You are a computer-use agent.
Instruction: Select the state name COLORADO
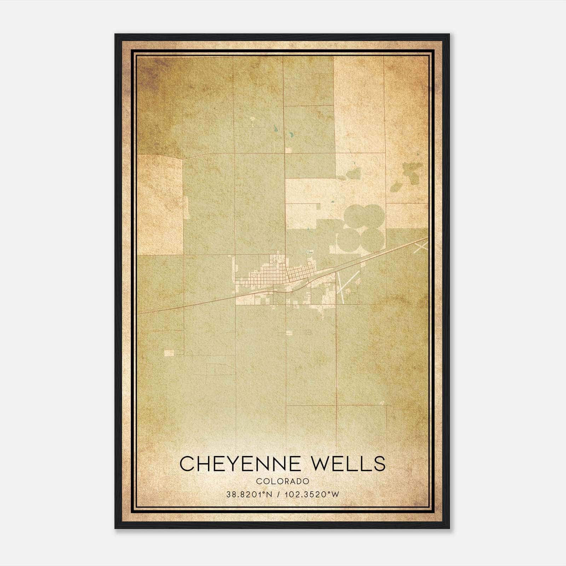(x=283, y=481)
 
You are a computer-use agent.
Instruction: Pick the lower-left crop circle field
(x=348, y=239)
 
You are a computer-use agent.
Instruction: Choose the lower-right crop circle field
(x=372, y=239)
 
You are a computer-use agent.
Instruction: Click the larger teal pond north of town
(x=291, y=135)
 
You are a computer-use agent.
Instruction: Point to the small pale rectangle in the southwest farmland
(x=169, y=353)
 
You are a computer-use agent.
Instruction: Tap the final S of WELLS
(x=379, y=464)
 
